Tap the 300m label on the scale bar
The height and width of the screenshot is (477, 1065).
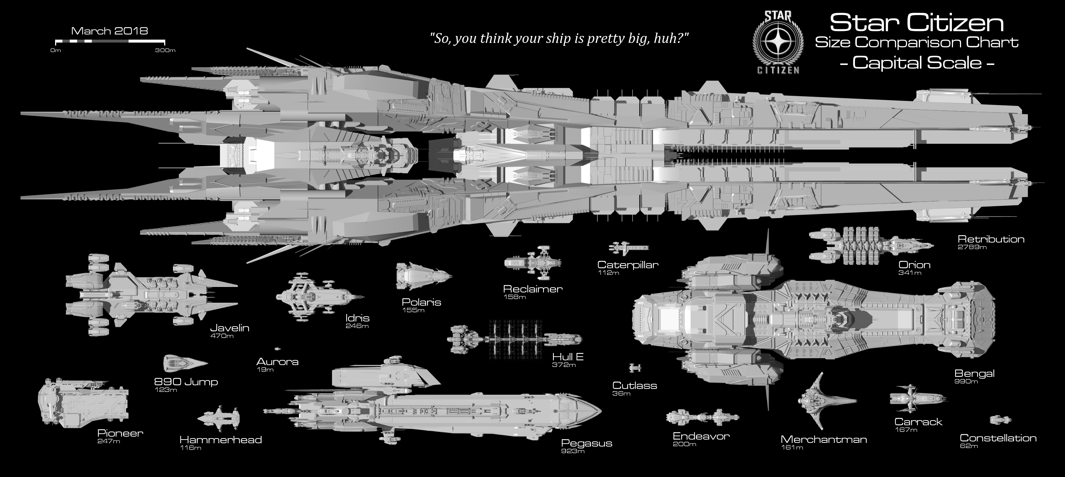(x=165, y=50)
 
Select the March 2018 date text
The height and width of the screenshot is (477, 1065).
(x=109, y=31)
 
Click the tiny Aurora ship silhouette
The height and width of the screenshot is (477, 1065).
(x=277, y=349)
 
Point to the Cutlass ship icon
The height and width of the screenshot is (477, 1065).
(x=635, y=367)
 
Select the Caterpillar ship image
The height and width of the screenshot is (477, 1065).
(x=629, y=248)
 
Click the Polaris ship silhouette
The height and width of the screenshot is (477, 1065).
(x=424, y=276)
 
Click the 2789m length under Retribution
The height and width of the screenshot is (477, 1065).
(x=972, y=247)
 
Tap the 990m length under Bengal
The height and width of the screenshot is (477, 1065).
(x=966, y=382)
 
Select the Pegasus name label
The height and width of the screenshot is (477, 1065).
(x=586, y=444)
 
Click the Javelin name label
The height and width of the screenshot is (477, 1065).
(x=230, y=328)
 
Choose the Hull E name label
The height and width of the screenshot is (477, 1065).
(x=568, y=357)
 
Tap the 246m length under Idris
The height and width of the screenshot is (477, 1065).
(x=357, y=326)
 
